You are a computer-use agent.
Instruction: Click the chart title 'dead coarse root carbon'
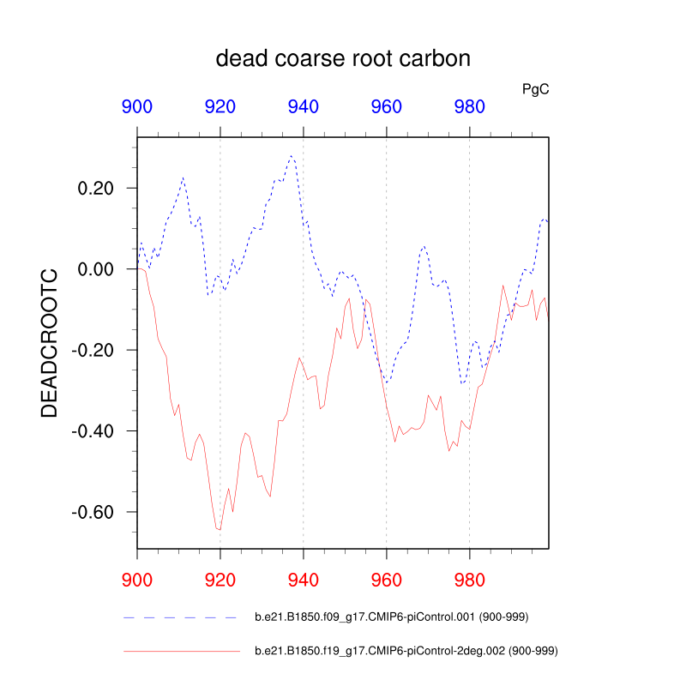point(343,59)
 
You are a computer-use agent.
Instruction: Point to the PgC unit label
point(536,88)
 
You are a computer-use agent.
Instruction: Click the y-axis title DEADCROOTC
point(50,342)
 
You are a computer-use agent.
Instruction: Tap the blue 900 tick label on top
point(137,107)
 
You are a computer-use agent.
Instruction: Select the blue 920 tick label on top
point(220,107)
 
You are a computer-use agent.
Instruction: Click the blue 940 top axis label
point(304,107)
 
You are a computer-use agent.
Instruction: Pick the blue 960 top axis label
point(386,107)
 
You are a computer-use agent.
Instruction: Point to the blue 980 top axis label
point(469,107)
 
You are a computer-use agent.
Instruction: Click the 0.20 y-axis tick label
point(95,188)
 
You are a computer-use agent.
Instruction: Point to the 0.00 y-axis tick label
point(95,269)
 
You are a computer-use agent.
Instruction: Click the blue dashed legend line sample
point(180,617)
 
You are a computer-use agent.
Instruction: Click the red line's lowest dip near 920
point(220,530)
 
